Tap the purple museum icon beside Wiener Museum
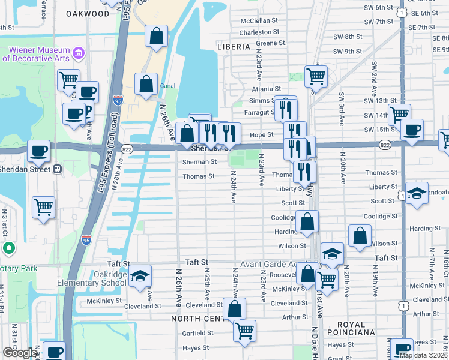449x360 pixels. [x=77, y=55]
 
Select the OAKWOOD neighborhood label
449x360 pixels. [x=88, y=13]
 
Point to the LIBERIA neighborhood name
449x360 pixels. [x=234, y=46]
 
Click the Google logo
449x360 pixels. [x=20, y=353]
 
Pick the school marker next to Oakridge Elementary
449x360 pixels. [x=140, y=276]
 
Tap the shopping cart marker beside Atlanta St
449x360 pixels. [x=316, y=76]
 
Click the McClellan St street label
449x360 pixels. [x=259, y=20]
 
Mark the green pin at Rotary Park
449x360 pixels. [x=8, y=248]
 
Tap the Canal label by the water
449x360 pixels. [x=166, y=86]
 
